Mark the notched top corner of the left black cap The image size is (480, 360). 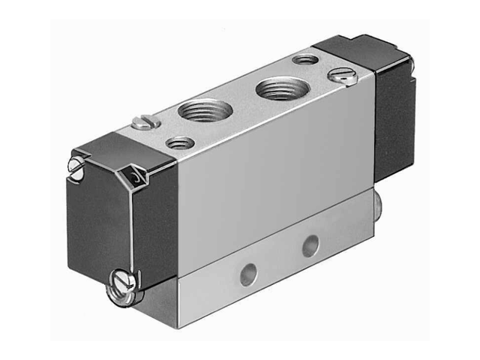tap(134, 177)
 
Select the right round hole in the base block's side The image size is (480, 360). tap(310, 244)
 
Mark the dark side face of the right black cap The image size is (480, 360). tap(394, 120)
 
